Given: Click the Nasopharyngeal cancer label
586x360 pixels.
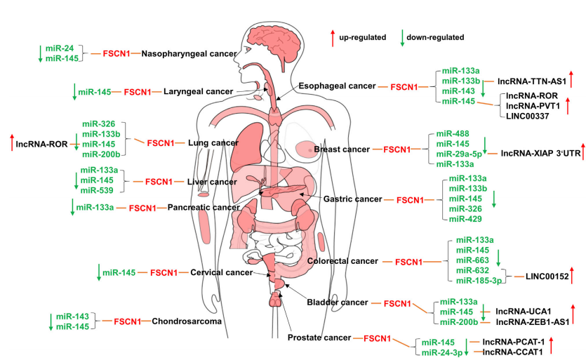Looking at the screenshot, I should pos(189,53).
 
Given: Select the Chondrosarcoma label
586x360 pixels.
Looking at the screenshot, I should pos(187,321).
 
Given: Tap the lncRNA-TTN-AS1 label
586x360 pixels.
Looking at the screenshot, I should pos(531,81).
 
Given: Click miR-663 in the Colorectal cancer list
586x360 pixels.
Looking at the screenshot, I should pos(472,260).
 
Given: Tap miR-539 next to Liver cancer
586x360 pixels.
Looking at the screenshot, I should pos(96,190).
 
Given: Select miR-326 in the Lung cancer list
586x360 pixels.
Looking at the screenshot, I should pos(98,124).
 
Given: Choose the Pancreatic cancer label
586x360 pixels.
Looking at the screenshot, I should pos(203,208).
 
